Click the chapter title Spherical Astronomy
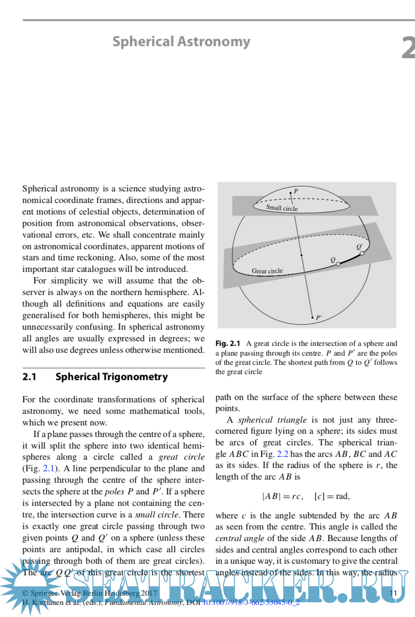coord(181,42)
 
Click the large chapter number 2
coord(408,48)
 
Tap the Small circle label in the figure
coord(282,208)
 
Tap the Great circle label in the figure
coord(267,271)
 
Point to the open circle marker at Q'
coord(362,253)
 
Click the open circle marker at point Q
coord(338,264)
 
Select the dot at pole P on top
coord(291,192)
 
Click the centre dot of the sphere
coord(301,255)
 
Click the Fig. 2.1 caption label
coord(228,344)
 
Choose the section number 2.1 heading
coord(29,377)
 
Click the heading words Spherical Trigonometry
coord(111,377)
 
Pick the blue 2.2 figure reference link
coord(282,454)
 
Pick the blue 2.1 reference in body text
coord(49,469)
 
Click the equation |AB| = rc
coord(282,496)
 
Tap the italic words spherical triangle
coord(272,420)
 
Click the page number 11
coord(393,593)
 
